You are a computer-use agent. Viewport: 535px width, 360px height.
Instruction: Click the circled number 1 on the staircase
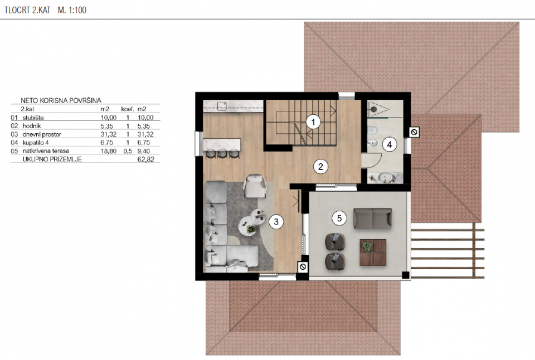tap(313, 122)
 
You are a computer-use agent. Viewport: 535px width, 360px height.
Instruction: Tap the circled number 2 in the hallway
tap(320, 167)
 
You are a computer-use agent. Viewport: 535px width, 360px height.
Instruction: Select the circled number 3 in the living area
tap(276, 222)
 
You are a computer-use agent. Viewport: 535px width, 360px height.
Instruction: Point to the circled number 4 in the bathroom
tap(390, 145)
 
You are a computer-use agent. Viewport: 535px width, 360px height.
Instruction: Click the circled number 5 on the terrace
tap(339, 218)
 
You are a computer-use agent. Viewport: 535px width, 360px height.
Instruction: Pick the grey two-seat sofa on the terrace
tap(372, 218)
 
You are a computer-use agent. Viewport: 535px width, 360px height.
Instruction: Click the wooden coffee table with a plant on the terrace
tap(373, 252)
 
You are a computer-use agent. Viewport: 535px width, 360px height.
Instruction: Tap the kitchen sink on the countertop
tap(222, 105)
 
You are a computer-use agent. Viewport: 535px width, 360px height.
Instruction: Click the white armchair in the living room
tap(255, 186)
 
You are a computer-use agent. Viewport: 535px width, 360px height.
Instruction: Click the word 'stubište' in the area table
tap(33, 118)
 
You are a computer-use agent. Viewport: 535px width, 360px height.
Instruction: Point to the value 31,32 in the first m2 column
tap(109, 134)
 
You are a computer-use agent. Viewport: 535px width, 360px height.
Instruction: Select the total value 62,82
tap(145, 159)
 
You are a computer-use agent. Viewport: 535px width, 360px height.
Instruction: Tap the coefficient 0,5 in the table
tap(128, 151)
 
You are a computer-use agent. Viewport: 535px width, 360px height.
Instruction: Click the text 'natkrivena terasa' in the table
tap(46, 151)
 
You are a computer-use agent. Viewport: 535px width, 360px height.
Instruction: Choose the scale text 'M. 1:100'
tap(72, 10)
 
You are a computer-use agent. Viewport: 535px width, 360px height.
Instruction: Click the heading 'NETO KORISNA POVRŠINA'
tap(61, 100)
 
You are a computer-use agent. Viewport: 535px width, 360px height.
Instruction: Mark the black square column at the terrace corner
tap(405, 275)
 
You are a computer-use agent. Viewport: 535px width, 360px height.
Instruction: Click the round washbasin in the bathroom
tap(386, 177)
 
